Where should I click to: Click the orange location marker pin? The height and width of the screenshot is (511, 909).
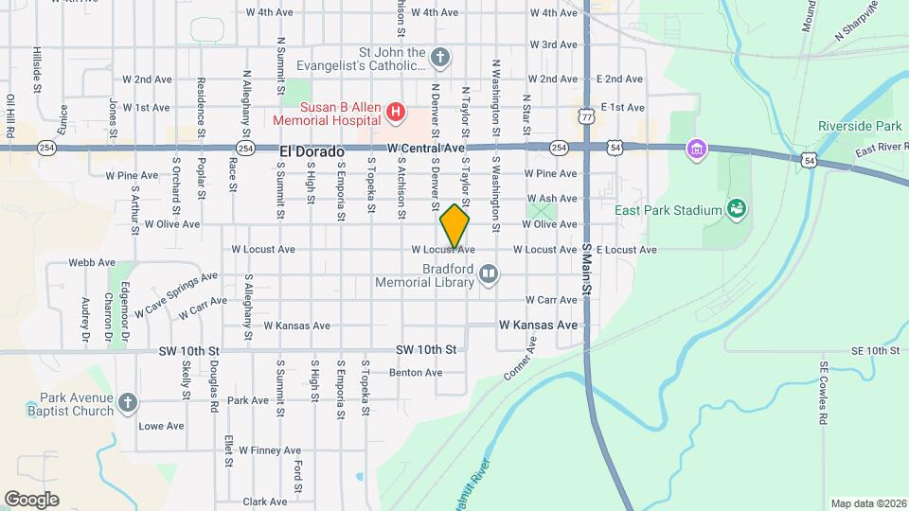pos(455,226)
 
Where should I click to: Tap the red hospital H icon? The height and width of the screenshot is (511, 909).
pos(397,115)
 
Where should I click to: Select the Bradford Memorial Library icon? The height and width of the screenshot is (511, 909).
pos(489,274)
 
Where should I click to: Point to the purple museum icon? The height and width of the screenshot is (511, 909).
pos(698,149)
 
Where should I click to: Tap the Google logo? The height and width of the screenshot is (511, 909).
pos(31,499)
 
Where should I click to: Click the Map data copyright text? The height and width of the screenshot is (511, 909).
pos(866,503)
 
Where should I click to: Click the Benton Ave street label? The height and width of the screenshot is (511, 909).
pos(415,373)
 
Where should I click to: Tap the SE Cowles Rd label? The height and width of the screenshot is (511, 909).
pos(824,392)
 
